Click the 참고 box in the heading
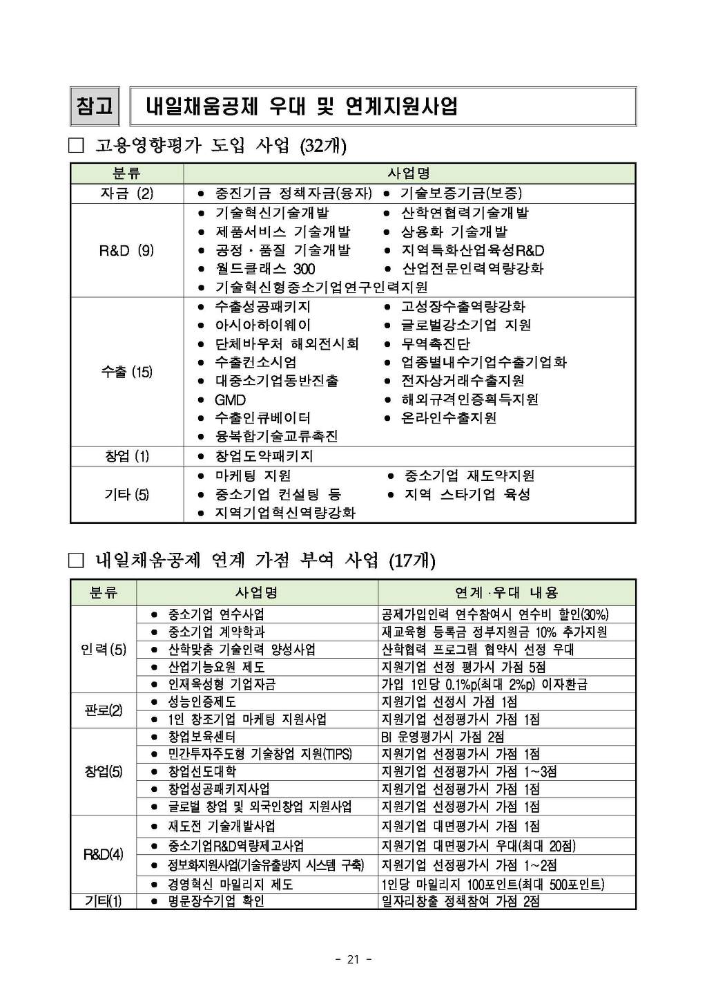tap(94, 106)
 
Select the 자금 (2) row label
tap(126, 194)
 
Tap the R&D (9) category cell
tap(126, 250)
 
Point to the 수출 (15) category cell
tap(126, 372)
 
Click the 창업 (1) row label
tap(126, 456)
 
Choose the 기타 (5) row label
tap(126, 494)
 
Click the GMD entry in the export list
tap(230, 399)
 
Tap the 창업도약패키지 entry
tap(264, 456)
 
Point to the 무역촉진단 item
tap(436, 343)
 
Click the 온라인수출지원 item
tap(449, 417)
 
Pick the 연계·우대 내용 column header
tap(506, 592)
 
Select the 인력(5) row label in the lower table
tap(104, 650)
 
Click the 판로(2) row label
tap(104, 710)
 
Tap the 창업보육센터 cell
tap(202, 737)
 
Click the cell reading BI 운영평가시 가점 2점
tap(443, 737)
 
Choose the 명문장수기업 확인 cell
tap(216, 901)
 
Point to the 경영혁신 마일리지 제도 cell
tap(231, 884)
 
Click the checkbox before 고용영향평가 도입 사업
tap(76, 146)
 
